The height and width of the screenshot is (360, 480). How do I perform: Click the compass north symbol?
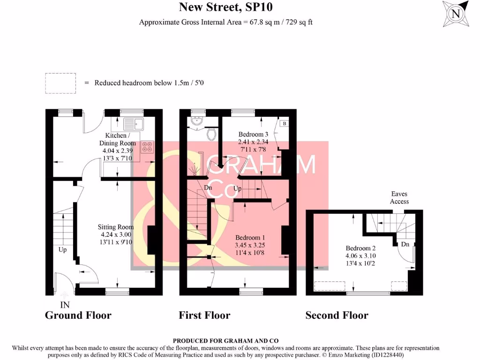(x=455, y=14)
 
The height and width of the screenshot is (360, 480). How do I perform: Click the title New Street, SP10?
(x=225, y=7)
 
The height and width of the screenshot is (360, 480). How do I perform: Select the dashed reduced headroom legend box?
(x=60, y=83)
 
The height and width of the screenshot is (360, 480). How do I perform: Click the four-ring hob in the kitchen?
(x=147, y=147)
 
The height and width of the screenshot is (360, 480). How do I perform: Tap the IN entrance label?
(x=65, y=305)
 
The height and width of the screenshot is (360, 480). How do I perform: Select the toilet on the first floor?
(x=212, y=135)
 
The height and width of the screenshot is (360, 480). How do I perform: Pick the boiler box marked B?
(x=284, y=124)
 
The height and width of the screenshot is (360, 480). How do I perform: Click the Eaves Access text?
(x=399, y=197)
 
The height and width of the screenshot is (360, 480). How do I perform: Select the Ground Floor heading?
(x=78, y=315)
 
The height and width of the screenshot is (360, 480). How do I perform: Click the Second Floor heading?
(x=337, y=315)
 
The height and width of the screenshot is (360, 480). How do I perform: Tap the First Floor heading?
(x=204, y=315)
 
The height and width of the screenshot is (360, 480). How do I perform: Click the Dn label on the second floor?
(x=405, y=244)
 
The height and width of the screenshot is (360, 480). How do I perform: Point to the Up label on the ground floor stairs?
(x=62, y=250)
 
